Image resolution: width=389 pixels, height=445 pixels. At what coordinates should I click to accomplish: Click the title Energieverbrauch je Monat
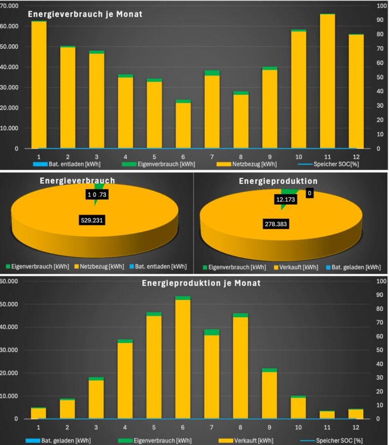coord(85,14)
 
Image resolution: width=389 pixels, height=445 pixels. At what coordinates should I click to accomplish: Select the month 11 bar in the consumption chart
coord(327,81)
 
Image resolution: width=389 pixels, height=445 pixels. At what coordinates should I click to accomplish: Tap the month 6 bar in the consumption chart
coord(183,124)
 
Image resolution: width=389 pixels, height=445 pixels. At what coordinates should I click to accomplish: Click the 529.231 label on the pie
coord(94,221)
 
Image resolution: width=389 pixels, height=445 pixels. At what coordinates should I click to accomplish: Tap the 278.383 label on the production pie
coord(276,223)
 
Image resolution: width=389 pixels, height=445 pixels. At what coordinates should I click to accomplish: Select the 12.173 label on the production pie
coord(286,200)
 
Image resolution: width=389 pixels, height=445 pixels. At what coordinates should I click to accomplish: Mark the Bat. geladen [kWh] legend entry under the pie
coord(357,266)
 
